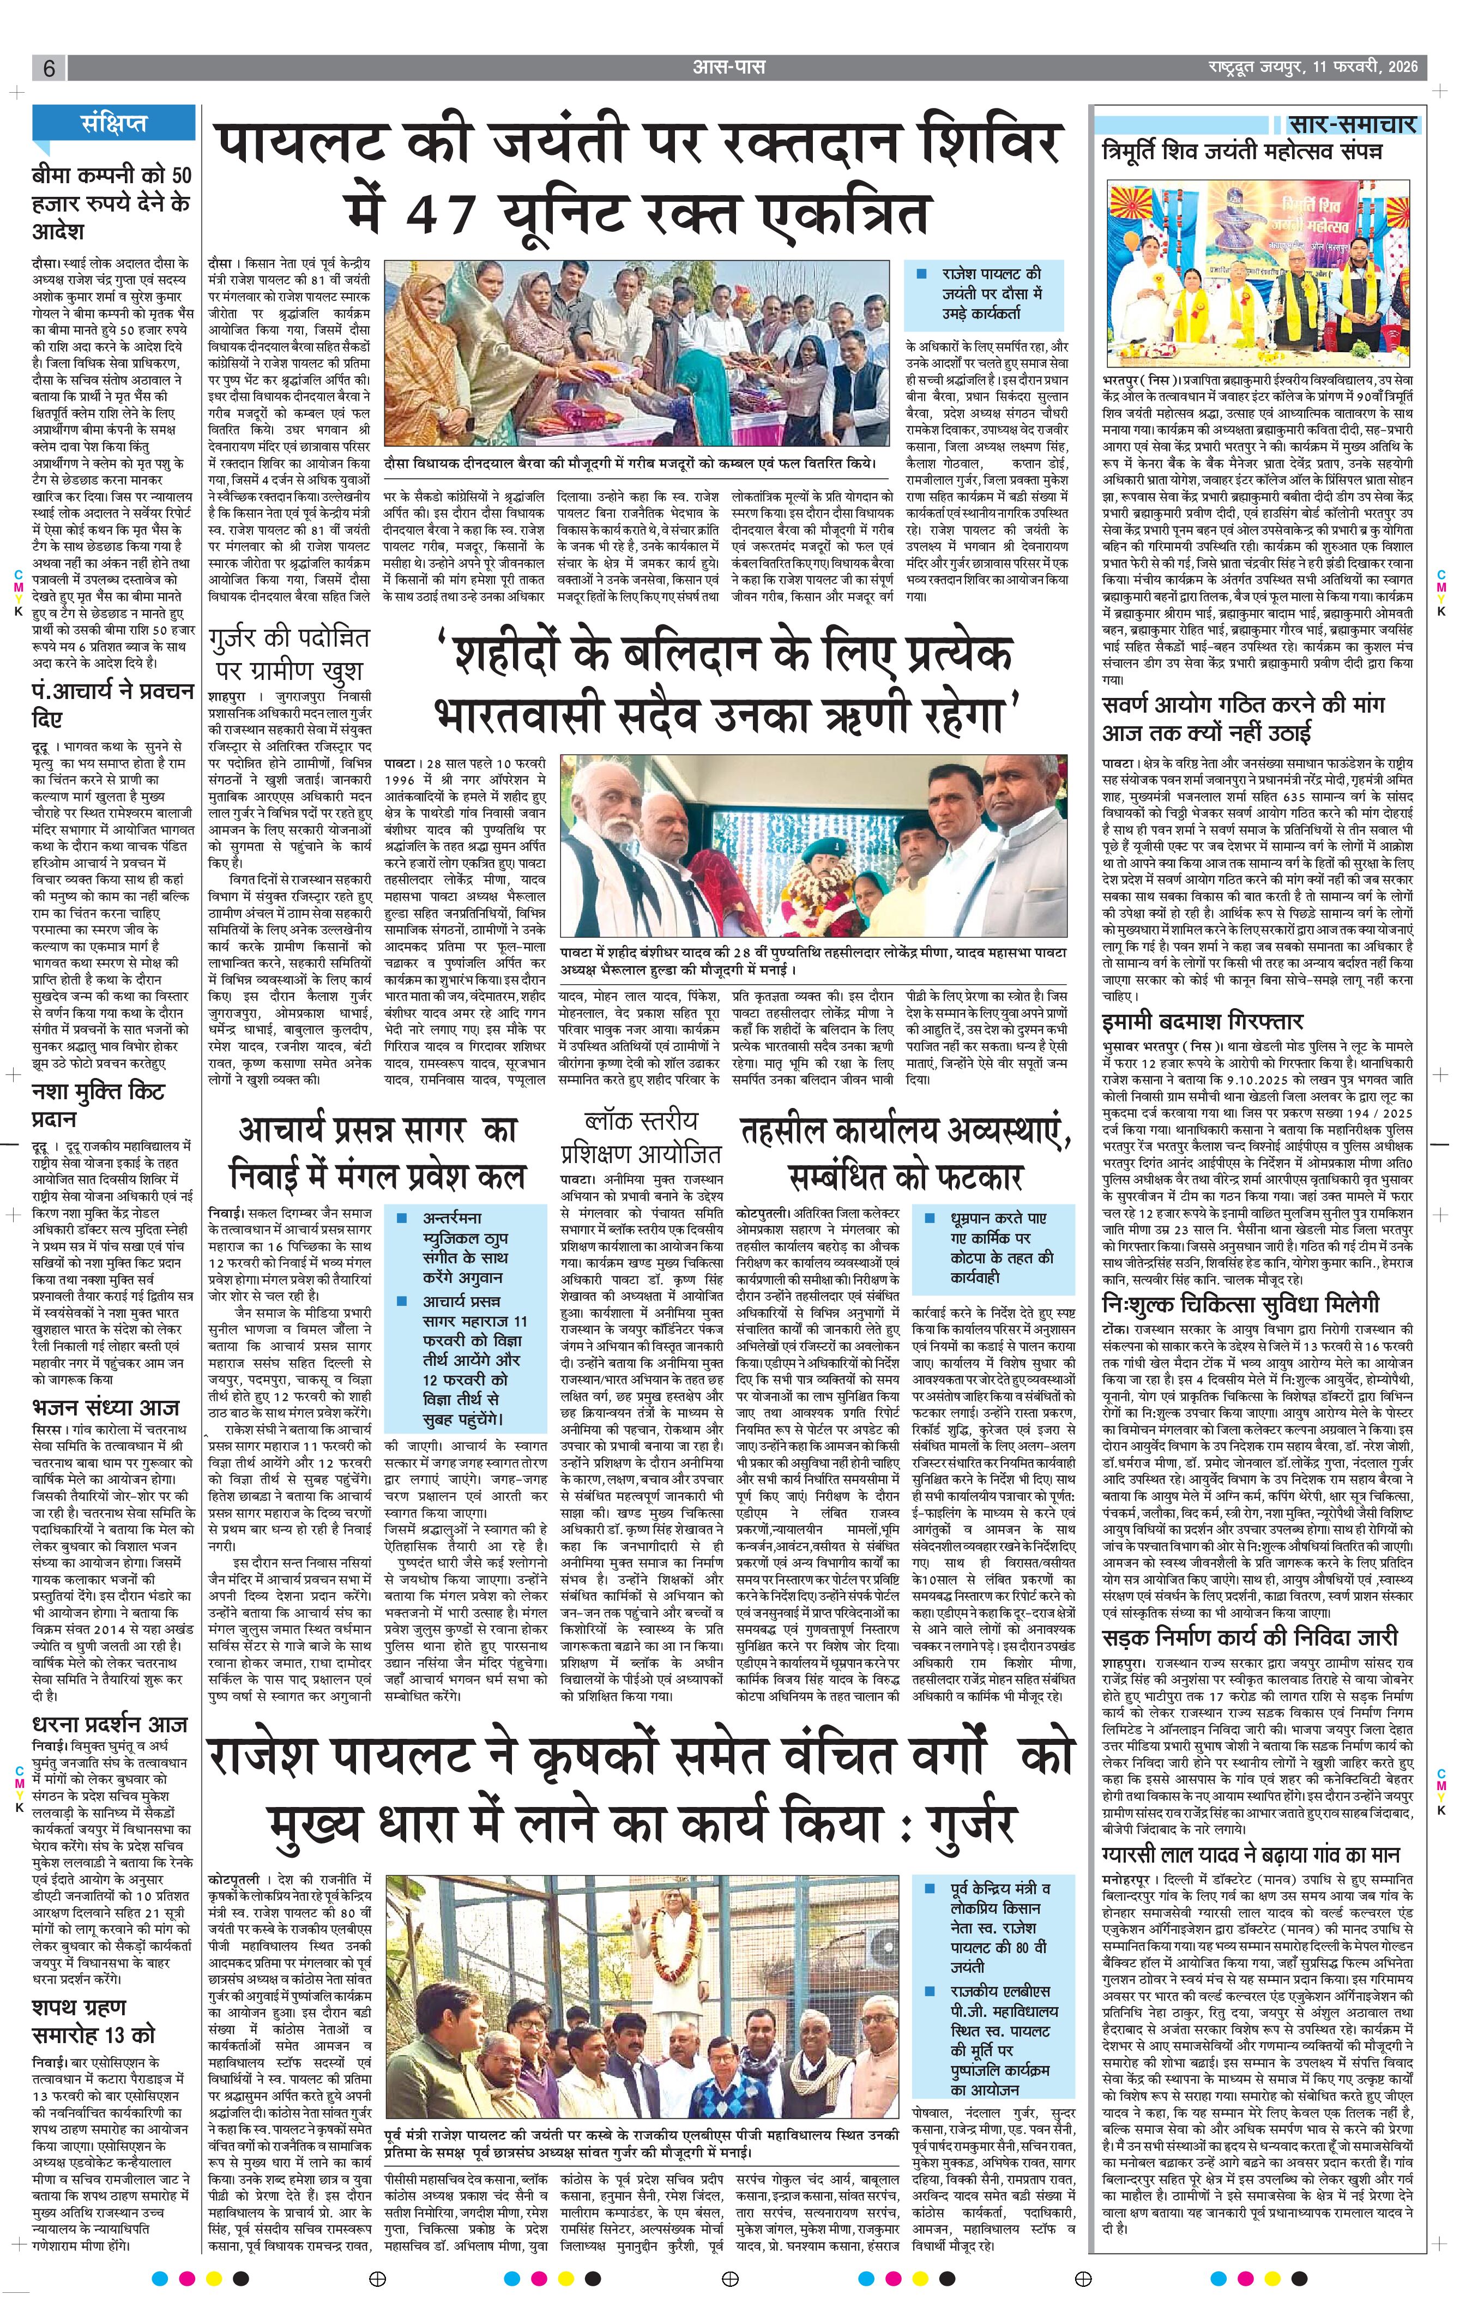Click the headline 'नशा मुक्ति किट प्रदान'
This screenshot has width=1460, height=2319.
(99, 1106)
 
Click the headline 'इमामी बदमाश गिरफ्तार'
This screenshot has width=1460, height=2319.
(1203, 1021)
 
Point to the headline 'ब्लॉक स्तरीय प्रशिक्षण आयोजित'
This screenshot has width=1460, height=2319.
(641, 1136)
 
